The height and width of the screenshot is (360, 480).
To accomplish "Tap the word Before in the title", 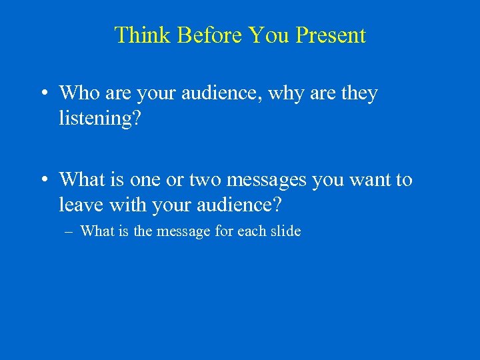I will [205, 35].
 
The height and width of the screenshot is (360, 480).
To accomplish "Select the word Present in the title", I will [331, 35].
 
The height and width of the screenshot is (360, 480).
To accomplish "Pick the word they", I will [359, 93].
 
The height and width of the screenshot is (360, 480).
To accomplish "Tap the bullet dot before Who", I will [42, 94].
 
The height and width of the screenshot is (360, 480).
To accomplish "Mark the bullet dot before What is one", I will [42, 180].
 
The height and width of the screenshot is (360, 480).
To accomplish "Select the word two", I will [205, 180].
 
